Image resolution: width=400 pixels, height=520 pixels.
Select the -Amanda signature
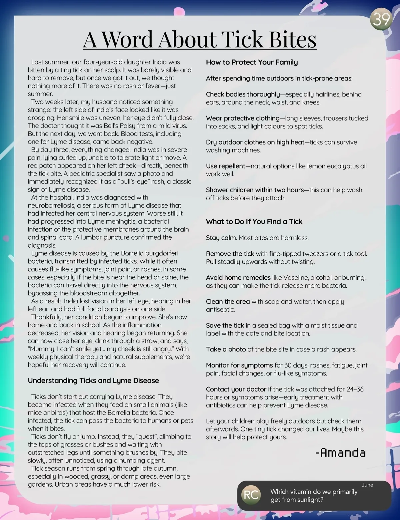[340, 453]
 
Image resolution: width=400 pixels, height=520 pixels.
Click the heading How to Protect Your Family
[252, 62]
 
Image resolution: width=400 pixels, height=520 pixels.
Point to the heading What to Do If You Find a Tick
[254, 222]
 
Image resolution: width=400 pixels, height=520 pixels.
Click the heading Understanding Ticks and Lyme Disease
[93, 380]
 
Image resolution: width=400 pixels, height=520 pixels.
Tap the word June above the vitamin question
[367, 485]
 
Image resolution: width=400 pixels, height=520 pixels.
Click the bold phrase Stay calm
[221, 238]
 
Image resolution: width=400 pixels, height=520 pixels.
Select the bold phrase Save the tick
[225, 325]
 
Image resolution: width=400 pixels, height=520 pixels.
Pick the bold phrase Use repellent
[226, 166]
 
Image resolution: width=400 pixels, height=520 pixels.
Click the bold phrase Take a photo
[226, 349]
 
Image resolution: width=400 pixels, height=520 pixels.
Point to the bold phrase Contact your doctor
[236, 389]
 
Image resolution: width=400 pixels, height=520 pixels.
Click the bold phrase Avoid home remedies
[238, 278]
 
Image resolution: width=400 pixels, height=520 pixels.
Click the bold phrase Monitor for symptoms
[239, 365]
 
